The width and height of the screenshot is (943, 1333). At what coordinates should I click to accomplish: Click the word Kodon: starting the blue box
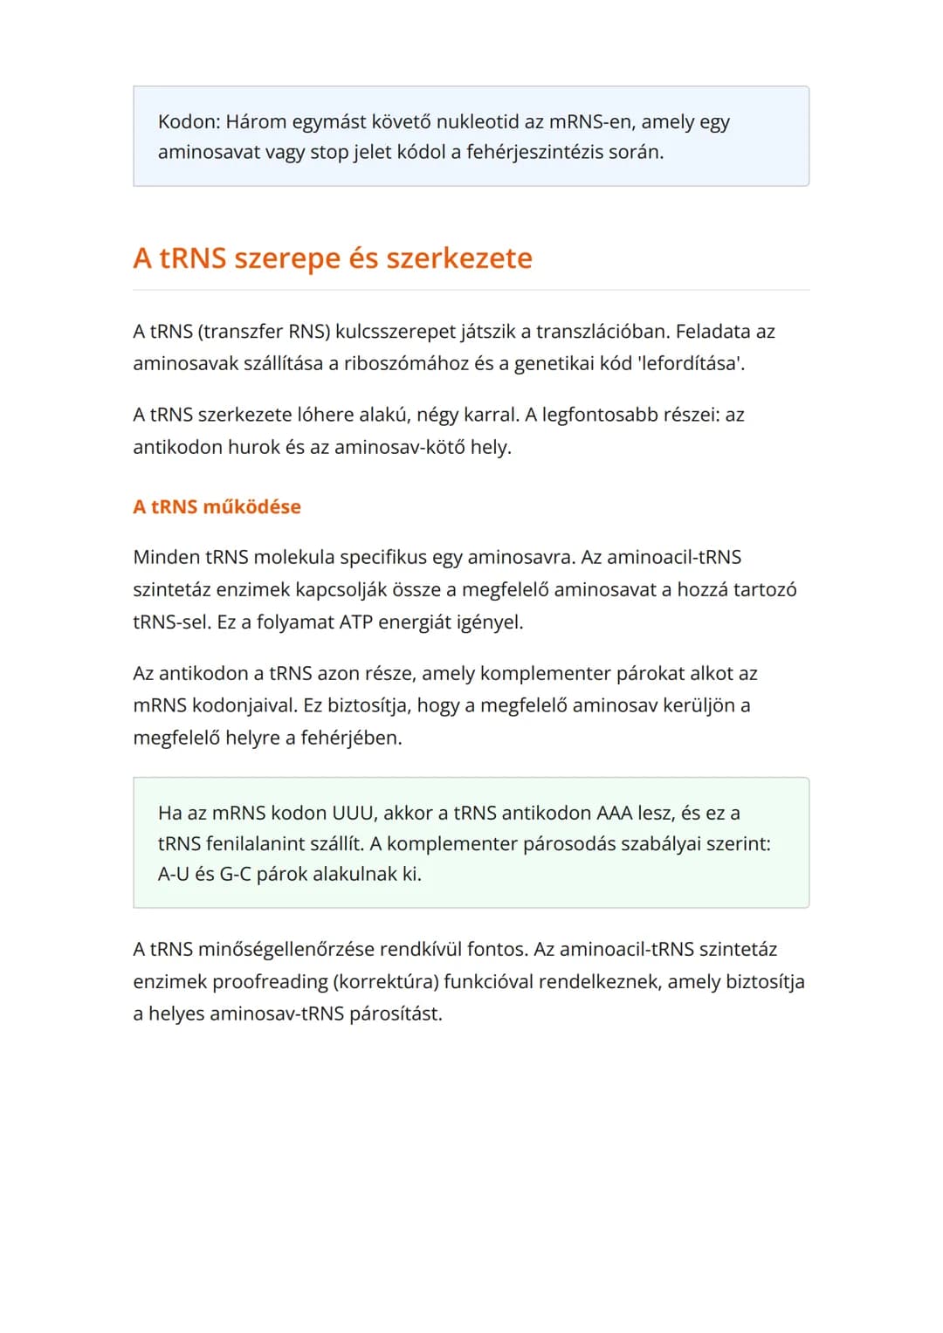(189, 121)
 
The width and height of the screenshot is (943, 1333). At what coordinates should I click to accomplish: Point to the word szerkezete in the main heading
(459, 258)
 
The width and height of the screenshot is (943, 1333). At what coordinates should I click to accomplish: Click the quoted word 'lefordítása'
(692, 363)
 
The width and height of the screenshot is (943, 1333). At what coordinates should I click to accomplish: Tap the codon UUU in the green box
(354, 814)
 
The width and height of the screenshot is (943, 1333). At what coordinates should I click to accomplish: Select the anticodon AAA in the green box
(614, 814)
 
